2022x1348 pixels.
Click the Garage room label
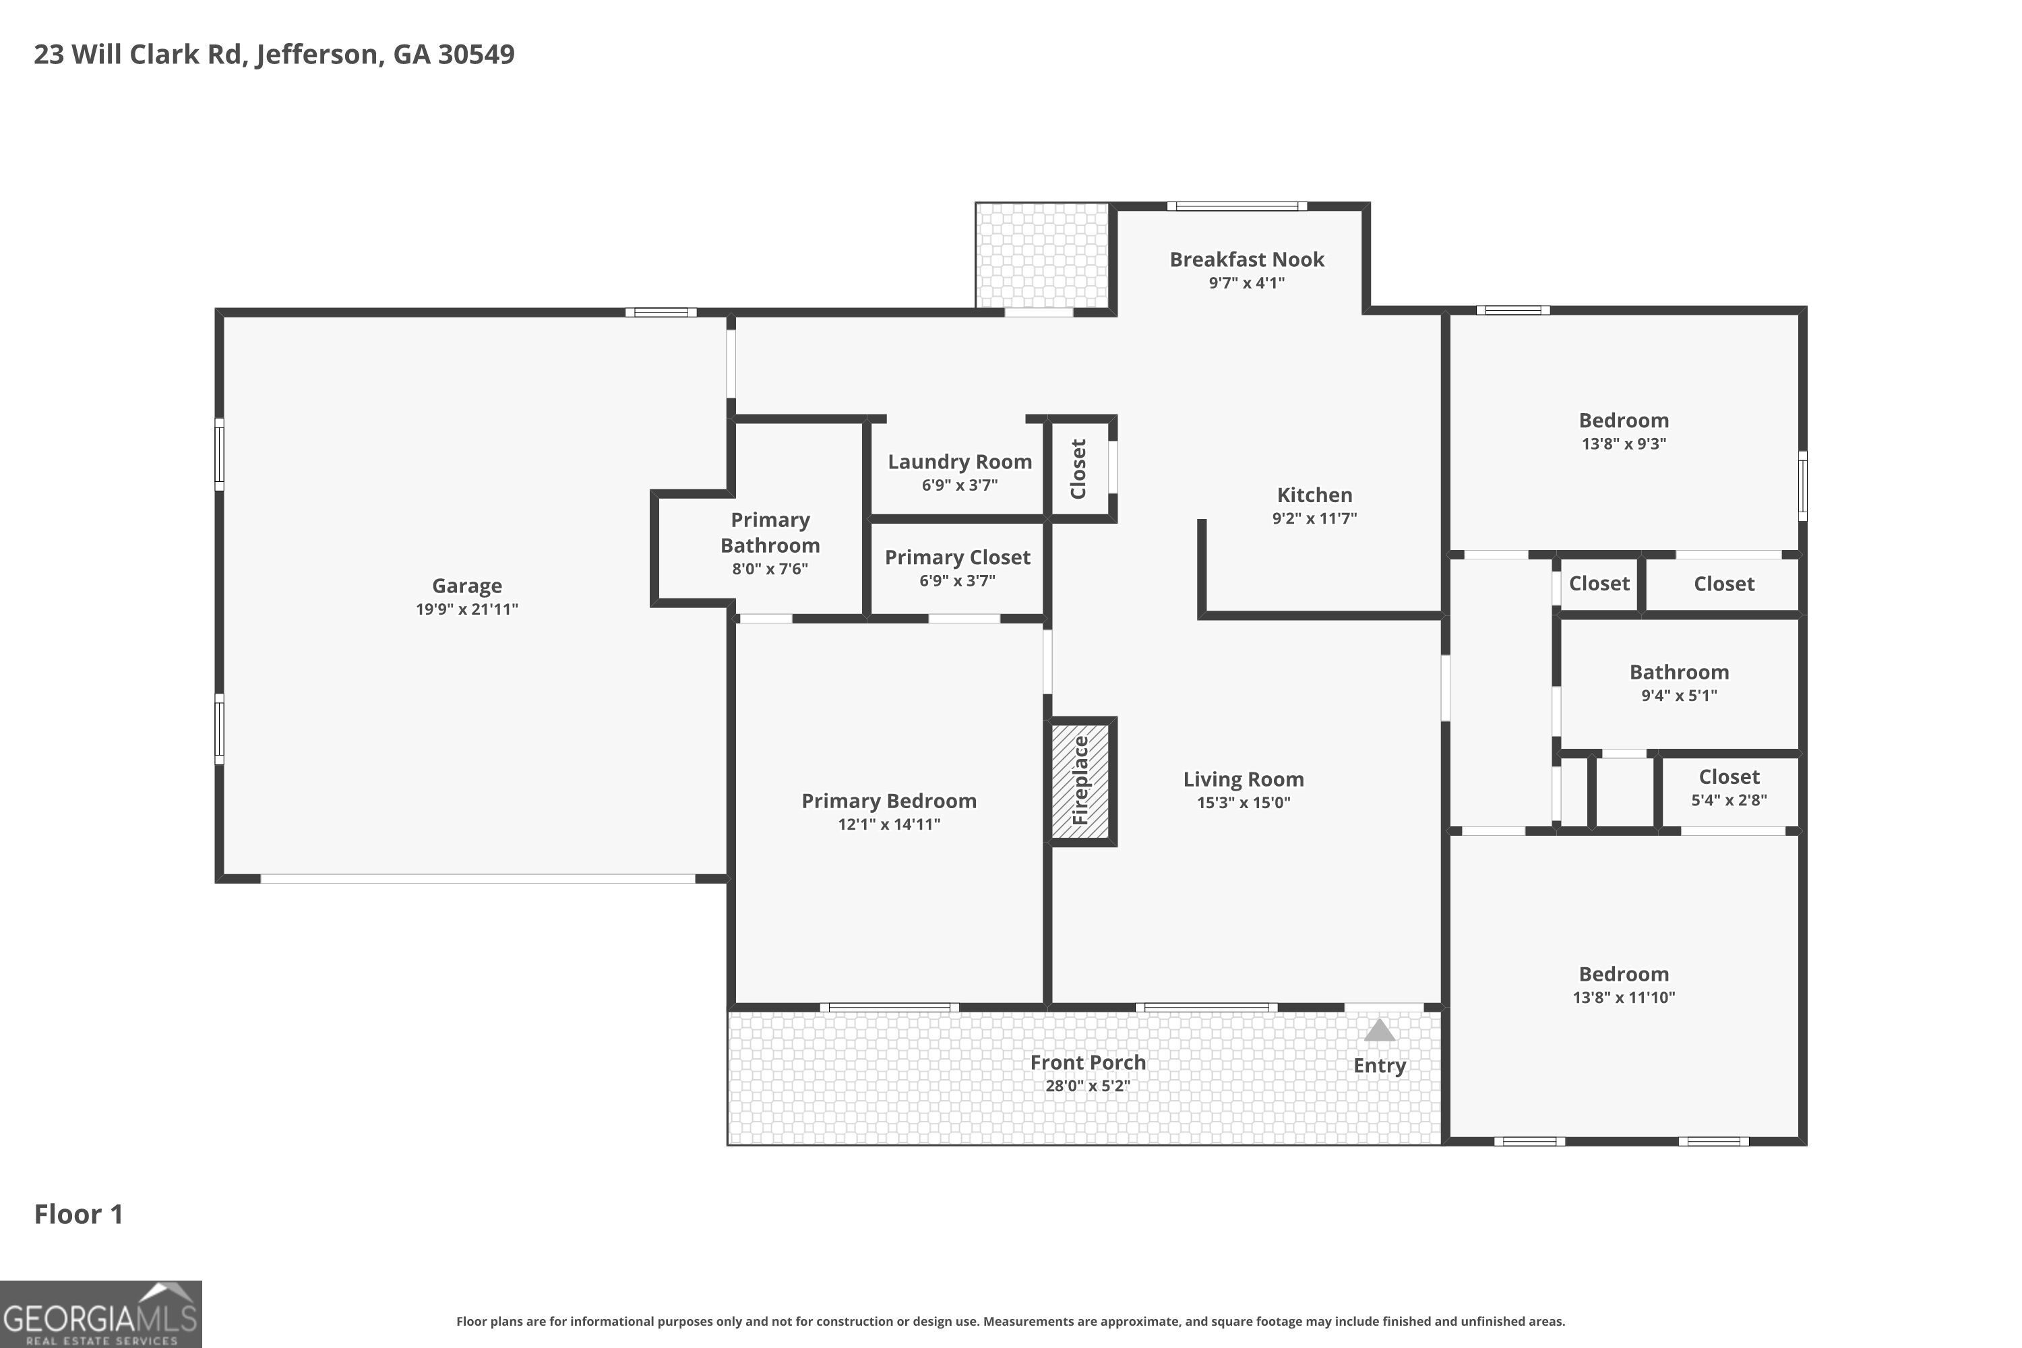[467, 586]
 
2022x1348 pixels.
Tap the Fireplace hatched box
[1080, 780]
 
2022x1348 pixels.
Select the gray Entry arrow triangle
[1379, 1030]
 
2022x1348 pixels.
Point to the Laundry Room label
[959, 462]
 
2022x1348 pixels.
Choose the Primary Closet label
[958, 557]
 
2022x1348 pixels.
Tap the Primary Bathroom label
[770, 532]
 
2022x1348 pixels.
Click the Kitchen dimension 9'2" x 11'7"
[1314, 518]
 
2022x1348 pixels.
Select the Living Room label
[1243, 779]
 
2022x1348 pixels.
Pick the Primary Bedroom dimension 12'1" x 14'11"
[889, 824]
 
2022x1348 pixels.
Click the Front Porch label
[1088, 1063]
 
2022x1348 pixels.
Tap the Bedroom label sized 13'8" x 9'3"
[1624, 421]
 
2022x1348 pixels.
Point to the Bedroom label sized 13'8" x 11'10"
[1624, 974]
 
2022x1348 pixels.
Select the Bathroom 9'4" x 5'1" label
[1679, 672]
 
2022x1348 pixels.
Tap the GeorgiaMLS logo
[100, 1314]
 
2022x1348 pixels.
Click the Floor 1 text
[79, 1214]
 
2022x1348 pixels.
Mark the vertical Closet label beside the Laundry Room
[1078, 468]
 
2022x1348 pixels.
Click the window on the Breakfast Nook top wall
[1237, 206]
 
